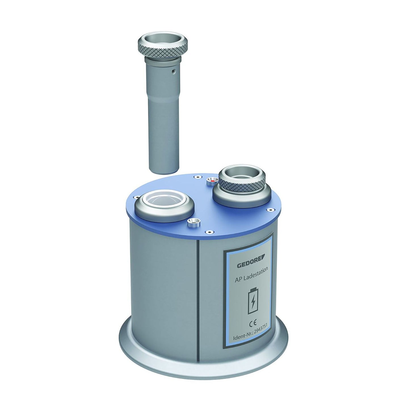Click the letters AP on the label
[x=238, y=281]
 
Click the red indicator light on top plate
[x=212, y=180]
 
